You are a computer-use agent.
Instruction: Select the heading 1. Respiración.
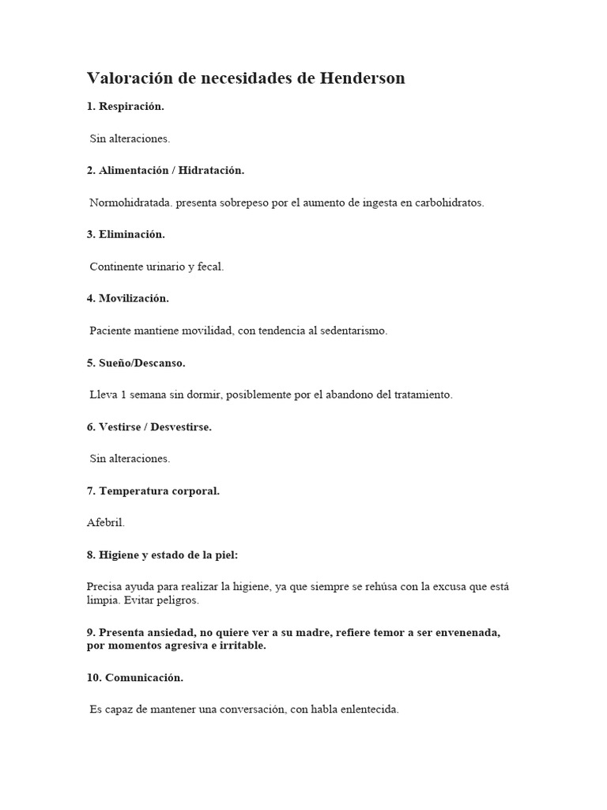tap(126, 106)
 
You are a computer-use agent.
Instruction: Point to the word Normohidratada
tap(130, 202)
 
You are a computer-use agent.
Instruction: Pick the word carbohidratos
tap(448, 202)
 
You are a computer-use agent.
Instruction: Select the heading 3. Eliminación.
tap(126, 234)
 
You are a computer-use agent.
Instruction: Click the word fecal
tap(209, 267)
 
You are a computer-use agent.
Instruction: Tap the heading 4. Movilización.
tap(127, 298)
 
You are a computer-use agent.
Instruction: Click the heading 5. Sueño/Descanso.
tap(136, 363)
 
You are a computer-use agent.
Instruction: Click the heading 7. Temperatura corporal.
tap(153, 490)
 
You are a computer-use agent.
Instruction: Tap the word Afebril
tap(106, 523)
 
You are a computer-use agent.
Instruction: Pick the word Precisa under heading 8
tap(105, 587)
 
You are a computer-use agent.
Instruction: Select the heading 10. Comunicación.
tap(134, 678)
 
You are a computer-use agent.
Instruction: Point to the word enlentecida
tap(368, 710)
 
